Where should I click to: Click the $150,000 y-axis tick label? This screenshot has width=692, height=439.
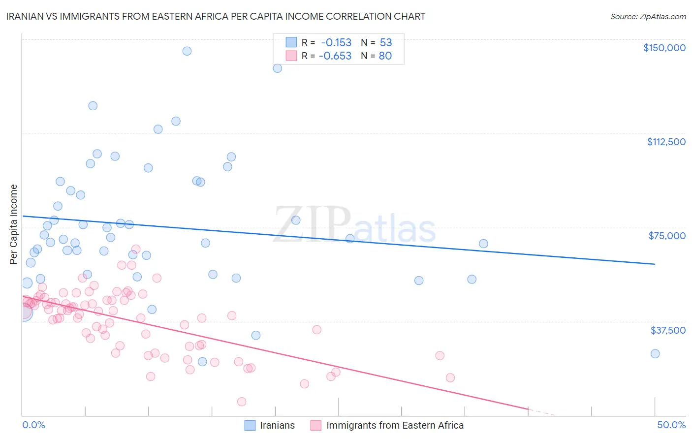coord(664,48)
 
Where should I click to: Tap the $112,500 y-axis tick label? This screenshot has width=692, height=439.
coord(666,142)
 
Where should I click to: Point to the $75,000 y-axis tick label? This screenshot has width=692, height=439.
coord(667,236)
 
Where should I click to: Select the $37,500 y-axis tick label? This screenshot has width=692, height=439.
coord(668,330)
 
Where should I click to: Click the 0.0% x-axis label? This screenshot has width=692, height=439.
coord(33,425)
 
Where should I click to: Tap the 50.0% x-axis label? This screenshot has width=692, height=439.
coord(671,425)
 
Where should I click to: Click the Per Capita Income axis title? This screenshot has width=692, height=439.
coord(14,224)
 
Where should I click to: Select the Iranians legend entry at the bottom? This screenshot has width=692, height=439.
coord(277,425)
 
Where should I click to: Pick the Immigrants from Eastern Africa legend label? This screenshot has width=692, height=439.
coord(395,425)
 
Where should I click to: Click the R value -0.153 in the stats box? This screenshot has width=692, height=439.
coord(336,42)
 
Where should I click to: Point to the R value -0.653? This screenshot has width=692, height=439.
coord(335,56)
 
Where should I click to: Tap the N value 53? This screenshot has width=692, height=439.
coord(386,42)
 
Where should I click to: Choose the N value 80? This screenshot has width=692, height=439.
coord(385,56)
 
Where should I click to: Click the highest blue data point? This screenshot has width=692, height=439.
coord(187,51)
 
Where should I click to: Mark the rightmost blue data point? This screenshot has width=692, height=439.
coord(655,354)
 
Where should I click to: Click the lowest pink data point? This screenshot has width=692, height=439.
coord(242,402)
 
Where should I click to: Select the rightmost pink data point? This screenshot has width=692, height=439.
coord(450,378)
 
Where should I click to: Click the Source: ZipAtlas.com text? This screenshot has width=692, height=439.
coord(648,17)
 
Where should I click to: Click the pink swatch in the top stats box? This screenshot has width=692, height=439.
coord(291,56)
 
